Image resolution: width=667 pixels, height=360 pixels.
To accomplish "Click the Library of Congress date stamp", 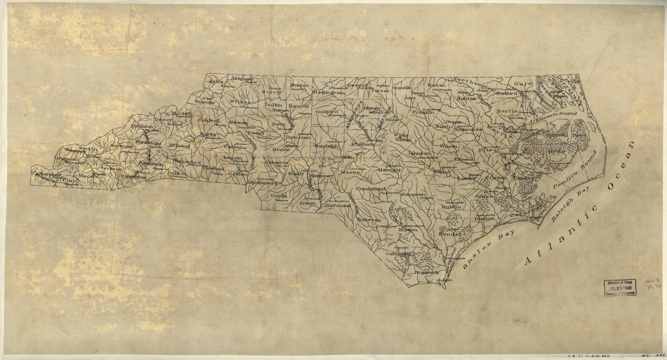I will click(620, 287).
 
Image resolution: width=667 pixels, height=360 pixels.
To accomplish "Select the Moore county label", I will click(351, 172).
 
